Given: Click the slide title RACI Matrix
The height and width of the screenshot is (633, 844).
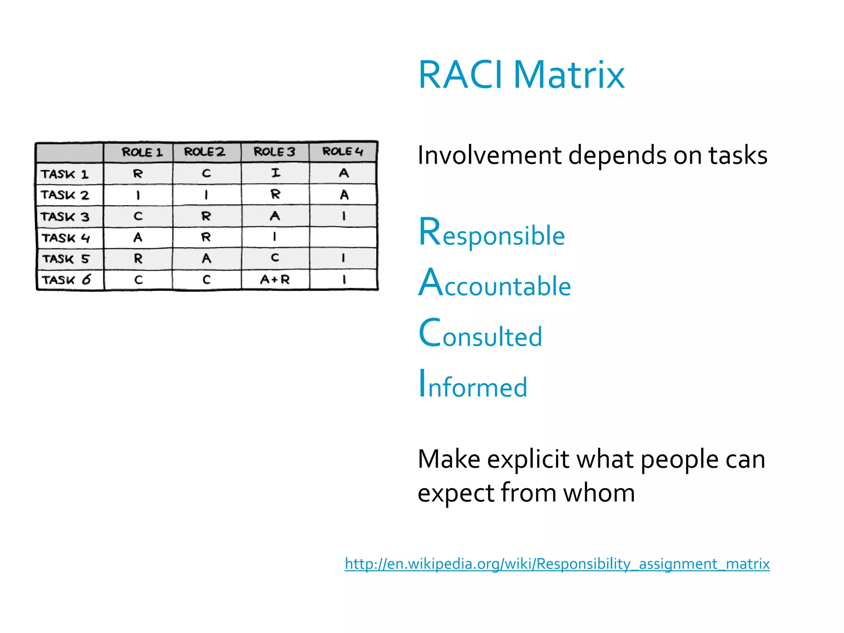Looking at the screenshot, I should pos(521,75).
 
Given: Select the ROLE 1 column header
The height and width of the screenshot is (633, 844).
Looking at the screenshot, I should pos(142,152).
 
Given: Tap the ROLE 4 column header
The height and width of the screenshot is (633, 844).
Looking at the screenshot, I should pos(342,152).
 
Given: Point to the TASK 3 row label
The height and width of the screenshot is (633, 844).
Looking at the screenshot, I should pos(65,217).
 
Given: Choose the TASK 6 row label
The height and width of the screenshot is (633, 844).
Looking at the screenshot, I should pos(66,280).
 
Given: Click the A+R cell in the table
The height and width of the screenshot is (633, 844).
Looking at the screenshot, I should pos(275,280).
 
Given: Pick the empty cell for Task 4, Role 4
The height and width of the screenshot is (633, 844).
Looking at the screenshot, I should pos(343,237).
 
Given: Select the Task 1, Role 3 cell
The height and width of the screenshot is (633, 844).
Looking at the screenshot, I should pos(275,173).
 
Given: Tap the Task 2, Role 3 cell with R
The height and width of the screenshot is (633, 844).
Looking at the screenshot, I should pos(275,194).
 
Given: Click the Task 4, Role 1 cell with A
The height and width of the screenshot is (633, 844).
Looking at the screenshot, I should pos(138,237).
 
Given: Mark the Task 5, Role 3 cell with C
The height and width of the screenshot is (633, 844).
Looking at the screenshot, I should pos(275,258).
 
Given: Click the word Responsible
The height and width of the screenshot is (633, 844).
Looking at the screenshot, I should pos(491,233).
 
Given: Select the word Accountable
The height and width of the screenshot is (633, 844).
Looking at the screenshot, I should pos(494,284).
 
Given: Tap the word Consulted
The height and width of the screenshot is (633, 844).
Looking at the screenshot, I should pos(480,334).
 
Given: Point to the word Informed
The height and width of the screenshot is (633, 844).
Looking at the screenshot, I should pos(473,385).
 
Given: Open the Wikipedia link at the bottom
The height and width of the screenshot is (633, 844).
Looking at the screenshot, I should pos(557,563).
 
